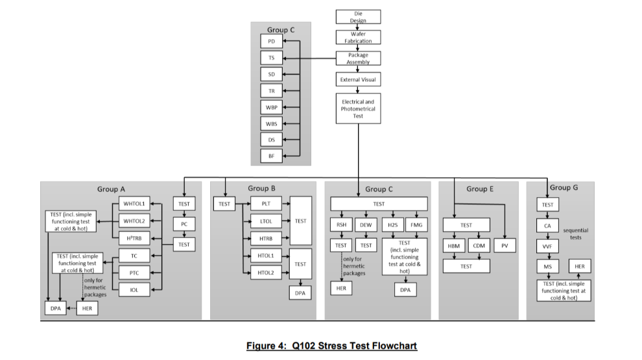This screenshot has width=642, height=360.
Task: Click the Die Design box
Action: point(358,17)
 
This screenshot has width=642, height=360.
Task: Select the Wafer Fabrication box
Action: point(358,38)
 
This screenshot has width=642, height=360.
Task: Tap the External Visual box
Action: point(358,80)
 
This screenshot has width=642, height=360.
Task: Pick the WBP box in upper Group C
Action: point(271,107)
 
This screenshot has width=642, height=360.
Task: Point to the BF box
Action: point(271,156)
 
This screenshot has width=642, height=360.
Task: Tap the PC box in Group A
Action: point(184,224)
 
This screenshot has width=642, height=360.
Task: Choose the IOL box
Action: point(134,289)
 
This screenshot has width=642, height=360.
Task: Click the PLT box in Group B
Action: point(266,204)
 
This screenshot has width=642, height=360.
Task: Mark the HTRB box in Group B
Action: point(266,239)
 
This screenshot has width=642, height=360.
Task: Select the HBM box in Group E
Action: point(453,246)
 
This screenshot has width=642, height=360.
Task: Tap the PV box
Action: point(505,246)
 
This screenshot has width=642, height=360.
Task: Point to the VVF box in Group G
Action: point(547,246)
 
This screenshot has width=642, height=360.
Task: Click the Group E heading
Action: point(480,189)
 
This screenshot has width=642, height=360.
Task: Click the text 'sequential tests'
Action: point(576,234)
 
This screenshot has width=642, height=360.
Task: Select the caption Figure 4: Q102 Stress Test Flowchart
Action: point(332,345)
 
